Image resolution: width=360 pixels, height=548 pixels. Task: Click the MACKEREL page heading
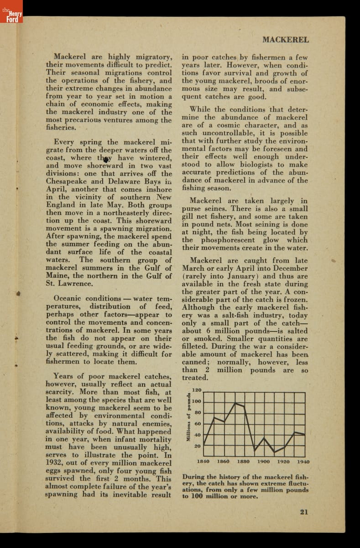pyautogui.click(x=286, y=39)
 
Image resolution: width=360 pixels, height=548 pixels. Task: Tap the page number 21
pyautogui.click(x=304, y=511)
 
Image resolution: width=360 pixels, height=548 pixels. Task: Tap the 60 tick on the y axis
pyautogui.click(x=198, y=424)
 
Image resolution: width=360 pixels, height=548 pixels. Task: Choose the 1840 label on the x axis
pyautogui.click(x=203, y=461)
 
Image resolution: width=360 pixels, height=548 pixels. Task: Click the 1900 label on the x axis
pyautogui.click(x=263, y=461)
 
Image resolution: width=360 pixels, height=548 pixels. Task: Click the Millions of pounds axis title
pyautogui.click(x=188, y=416)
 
